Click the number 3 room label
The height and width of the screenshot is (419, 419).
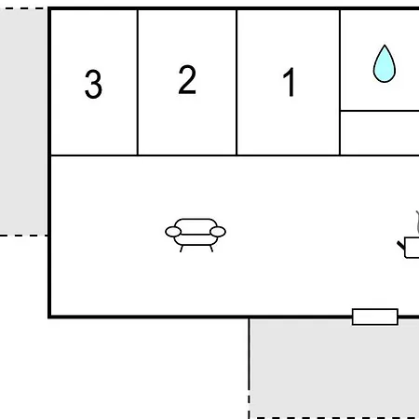(x=93, y=84)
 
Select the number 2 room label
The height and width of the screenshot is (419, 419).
(x=187, y=79)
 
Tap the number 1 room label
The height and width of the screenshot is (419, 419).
(x=290, y=82)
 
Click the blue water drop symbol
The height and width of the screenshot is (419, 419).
(x=385, y=63)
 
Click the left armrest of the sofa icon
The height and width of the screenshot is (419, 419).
(x=173, y=232)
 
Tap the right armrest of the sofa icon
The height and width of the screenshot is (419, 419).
(x=218, y=232)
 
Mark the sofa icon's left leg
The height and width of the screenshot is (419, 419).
(x=182, y=249)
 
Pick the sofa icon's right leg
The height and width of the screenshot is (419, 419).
(x=211, y=249)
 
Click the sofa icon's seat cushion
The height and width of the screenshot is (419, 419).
(x=196, y=240)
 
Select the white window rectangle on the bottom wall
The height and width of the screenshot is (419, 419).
(x=375, y=317)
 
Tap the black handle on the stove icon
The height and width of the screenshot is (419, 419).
(x=401, y=245)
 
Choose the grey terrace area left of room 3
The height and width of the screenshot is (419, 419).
(x=23, y=122)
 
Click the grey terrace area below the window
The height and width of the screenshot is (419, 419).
(x=334, y=369)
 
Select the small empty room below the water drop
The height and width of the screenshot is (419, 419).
(x=380, y=132)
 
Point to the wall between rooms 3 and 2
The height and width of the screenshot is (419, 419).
(x=138, y=82)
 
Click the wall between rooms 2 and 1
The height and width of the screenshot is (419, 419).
(x=237, y=82)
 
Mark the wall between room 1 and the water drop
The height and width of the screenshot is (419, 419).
(x=340, y=82)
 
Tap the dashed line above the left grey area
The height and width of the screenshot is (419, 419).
(x=23, y=8)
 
